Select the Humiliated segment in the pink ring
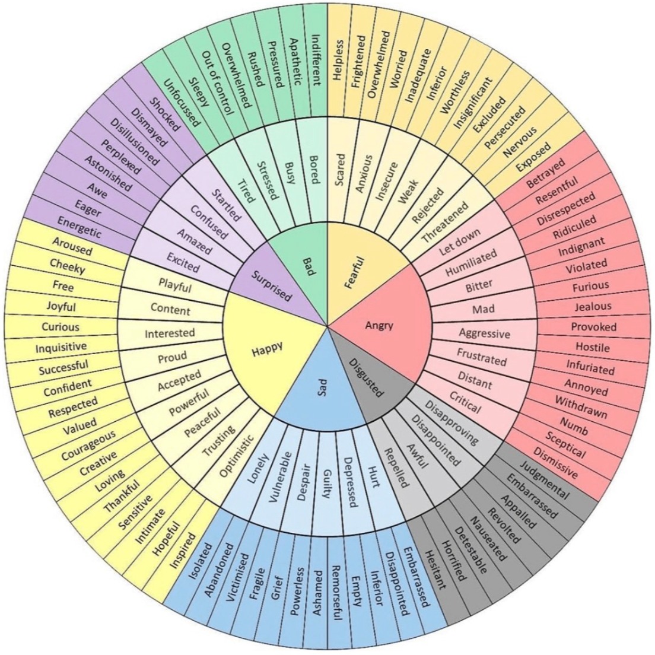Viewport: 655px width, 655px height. point(471,262)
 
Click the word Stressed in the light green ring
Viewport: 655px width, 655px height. point(267,180)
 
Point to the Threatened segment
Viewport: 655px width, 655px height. point(445,222)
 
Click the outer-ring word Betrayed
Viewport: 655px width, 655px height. point(546,172)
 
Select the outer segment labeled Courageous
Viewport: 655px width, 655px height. point(88,446)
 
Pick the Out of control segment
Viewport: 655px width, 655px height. point(217,84)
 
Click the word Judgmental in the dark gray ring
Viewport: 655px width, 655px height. point(544,481)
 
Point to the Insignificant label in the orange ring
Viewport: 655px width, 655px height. point(473,104)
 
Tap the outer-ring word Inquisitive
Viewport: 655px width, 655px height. point(61,347)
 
